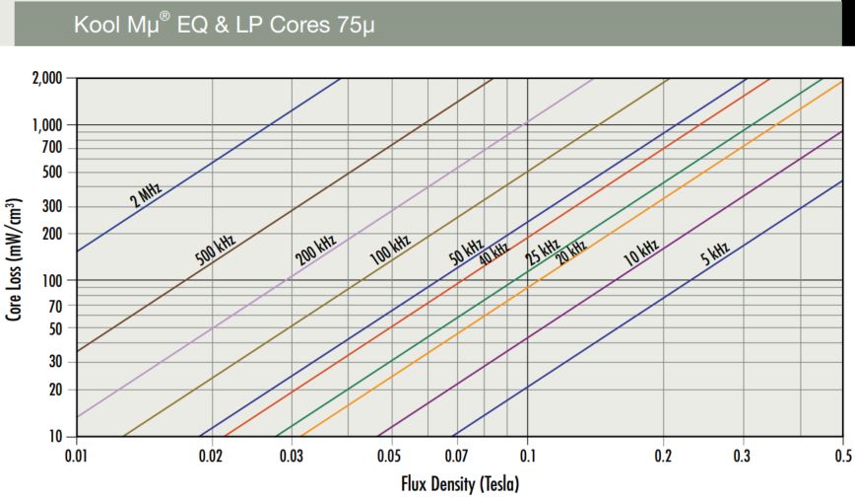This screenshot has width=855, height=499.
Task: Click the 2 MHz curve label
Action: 145,193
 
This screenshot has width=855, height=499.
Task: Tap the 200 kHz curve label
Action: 316,250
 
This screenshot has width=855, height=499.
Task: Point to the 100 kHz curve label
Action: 390,249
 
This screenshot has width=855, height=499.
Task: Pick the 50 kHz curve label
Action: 467,252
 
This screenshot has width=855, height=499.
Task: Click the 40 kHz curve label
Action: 493,253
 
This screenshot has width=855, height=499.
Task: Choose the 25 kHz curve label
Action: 542,252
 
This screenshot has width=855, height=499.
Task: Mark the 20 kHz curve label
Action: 571,253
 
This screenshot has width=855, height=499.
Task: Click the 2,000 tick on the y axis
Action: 46,78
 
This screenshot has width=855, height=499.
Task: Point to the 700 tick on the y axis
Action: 51,148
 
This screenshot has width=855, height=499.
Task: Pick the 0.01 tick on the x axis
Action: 77,457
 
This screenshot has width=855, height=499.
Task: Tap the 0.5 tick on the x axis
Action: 843,457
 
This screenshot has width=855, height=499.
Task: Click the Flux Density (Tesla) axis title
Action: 459,483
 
